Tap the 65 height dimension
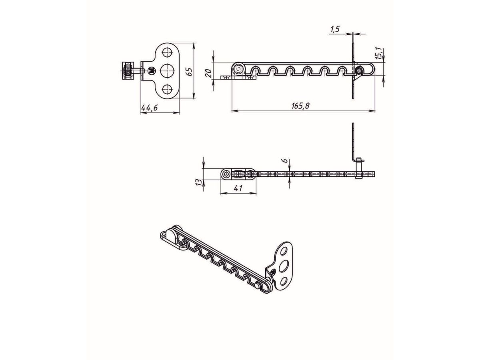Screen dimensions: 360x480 click(190, 71)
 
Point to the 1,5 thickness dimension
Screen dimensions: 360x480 click(335, 29)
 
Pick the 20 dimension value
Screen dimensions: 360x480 click(208, 73)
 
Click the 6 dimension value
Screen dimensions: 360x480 click(284, 161)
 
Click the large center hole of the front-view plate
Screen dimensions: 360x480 click(167, 71)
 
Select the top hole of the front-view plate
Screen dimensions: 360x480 click(167, 52)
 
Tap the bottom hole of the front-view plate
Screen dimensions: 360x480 click(167, 89)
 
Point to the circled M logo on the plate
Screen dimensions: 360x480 click(151, 71)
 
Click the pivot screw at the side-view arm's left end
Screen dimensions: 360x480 click(239, 70)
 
